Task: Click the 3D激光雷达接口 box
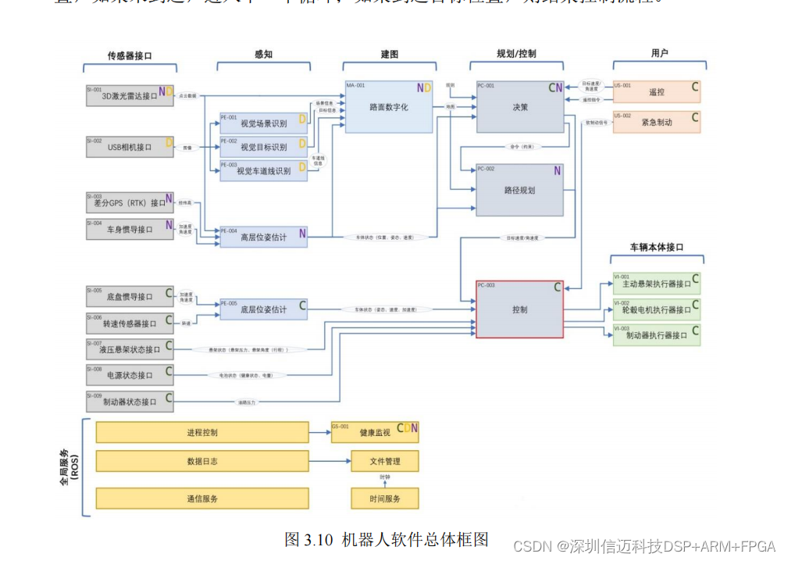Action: point(130,95)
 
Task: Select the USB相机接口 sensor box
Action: point(130,146)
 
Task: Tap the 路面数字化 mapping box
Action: point(388,106)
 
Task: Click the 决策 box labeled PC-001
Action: point(519,106)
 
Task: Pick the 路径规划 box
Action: point(519,190)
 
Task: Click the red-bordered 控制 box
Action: point(519,309)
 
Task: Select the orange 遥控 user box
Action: point(656,92)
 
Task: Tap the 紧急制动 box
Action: point(656,122)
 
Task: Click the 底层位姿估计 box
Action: point(263,309)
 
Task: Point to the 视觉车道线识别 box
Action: point(263,170)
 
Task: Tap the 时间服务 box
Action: point(384,498)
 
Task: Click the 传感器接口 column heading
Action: point(130,55)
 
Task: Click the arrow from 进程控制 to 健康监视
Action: point(319,432)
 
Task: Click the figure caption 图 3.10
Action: point(387,539)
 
